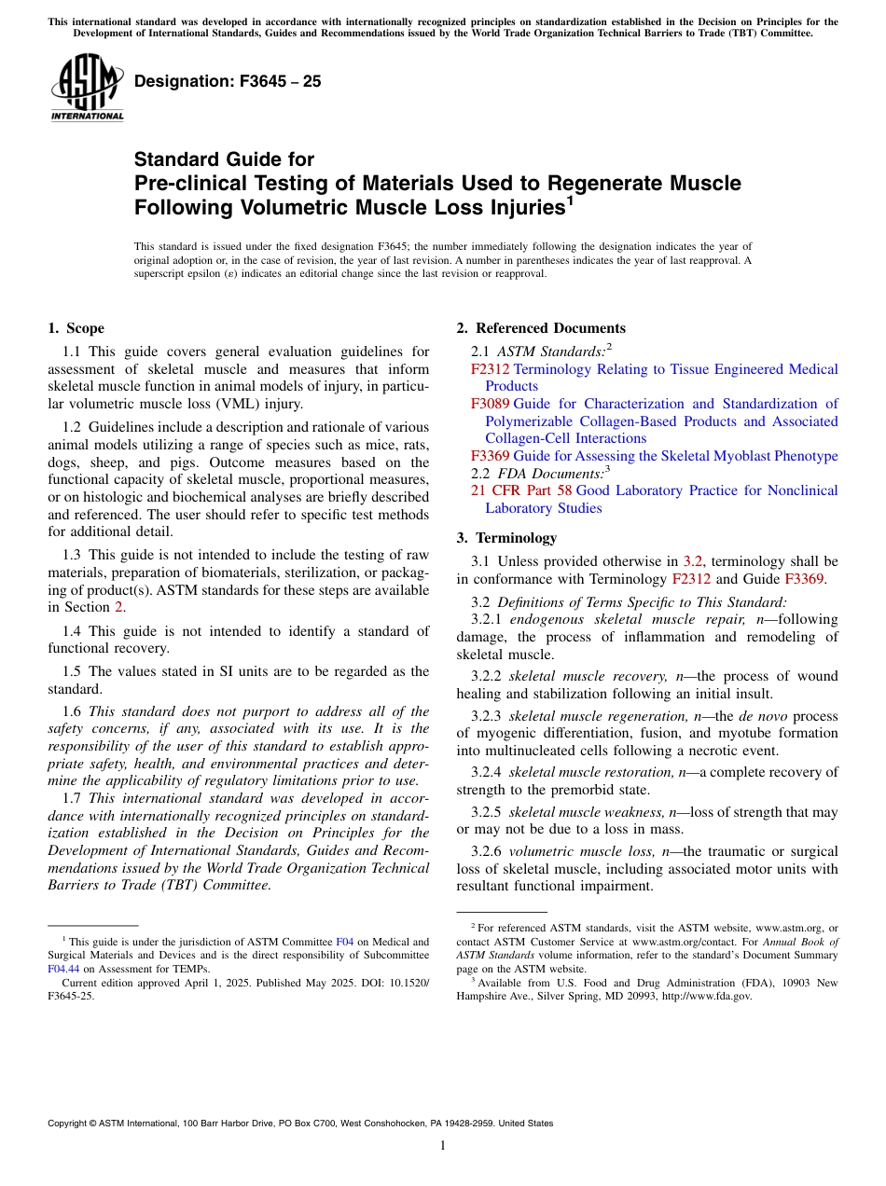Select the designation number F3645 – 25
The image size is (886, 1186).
tap(228, 81)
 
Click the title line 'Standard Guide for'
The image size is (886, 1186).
tap(224, 159)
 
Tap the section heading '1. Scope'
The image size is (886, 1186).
tap(76, 328)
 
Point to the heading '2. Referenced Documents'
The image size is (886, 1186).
tap(541, 328)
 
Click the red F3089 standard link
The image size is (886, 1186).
tap(490, 404)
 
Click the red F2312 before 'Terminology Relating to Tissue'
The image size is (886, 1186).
tap(490, 369)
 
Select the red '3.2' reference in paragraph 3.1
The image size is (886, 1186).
tap(693, 561)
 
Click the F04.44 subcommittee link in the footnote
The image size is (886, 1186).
tap(62, 969)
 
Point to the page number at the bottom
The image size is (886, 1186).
tap(443, 1145)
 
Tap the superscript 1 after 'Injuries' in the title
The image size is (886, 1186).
tap(570, 199)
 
